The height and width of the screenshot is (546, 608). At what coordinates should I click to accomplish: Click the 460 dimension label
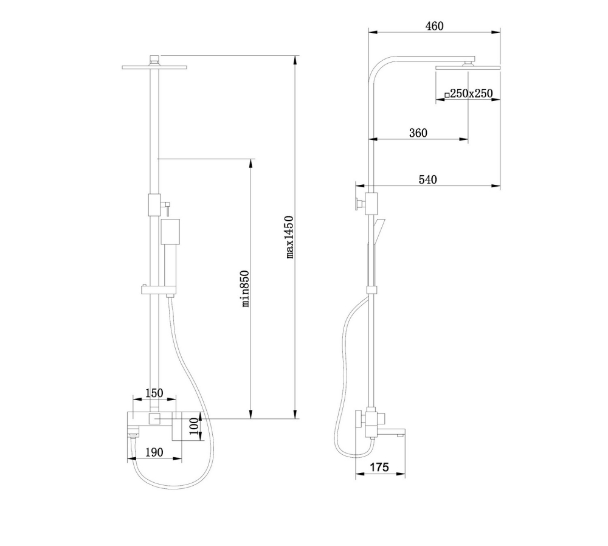435,26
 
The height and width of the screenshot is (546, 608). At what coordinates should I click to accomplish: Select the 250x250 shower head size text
471,94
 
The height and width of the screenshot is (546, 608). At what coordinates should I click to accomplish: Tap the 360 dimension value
418,133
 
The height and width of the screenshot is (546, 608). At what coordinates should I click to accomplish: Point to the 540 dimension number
427,179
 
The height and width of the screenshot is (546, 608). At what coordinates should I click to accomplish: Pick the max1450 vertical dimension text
290,237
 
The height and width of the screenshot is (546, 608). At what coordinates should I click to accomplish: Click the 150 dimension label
154,392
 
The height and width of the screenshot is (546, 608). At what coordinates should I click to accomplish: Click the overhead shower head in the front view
154,66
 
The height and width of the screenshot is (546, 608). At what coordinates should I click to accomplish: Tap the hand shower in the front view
170,243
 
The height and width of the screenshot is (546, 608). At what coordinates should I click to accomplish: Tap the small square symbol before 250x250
446,95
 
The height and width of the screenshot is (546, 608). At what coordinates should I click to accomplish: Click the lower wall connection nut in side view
359,418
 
